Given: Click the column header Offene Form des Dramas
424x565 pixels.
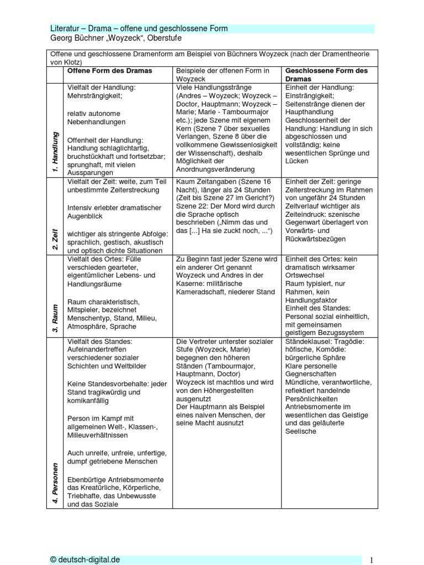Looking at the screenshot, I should point(109,71).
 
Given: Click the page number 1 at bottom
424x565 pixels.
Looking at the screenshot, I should point(372,560).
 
